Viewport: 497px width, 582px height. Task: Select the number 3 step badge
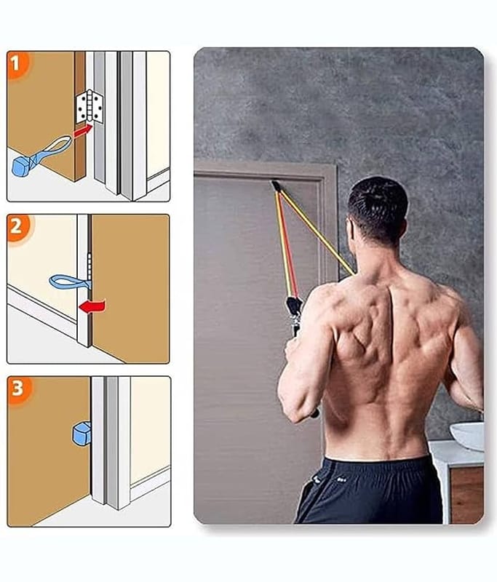click(x=20, y=390)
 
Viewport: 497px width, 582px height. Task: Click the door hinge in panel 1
click(x=90, y=106)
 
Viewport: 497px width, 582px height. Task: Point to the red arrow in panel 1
click(x=82, y=131)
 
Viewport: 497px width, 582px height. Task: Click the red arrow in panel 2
click(x=92, y=306)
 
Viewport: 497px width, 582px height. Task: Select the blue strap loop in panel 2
click(x=68, y=282)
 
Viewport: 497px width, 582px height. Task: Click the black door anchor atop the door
click(x=275, y=186)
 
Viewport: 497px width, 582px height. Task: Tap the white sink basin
click(x=468, y=434)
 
